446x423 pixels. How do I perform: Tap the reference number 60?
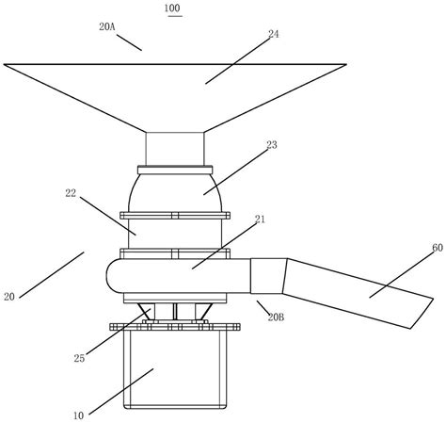pyautogui.click(x=411, y=248)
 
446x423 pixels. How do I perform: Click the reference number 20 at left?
pyautogui.click(x=9, y=296)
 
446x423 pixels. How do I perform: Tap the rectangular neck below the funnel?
pyautogui.click(x=175, y=148)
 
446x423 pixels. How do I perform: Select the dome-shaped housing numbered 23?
pyautogui.click(x=175, y=188)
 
